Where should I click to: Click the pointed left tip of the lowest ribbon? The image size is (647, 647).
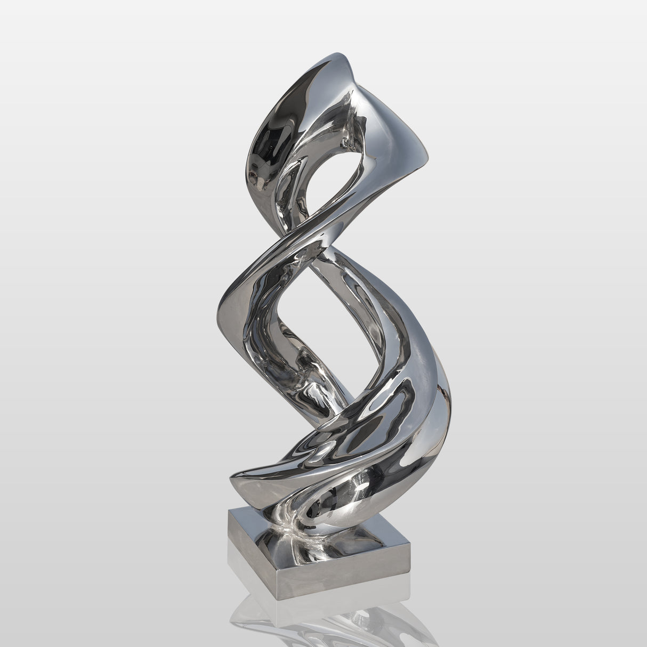point(231,479)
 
